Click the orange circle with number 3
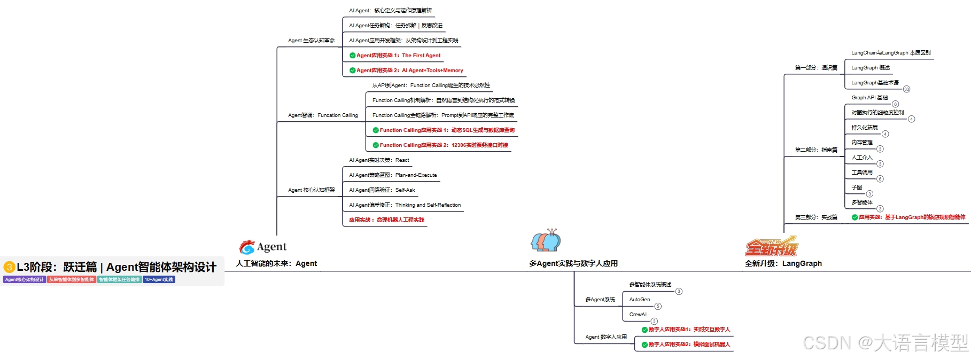(9, 267)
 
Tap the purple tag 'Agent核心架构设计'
(25, 279)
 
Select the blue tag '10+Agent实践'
(159, 279)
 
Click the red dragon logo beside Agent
(247, 247)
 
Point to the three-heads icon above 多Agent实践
(546, 241)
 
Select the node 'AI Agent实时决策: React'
(379, 160)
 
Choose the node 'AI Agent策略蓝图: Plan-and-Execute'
(393, 175)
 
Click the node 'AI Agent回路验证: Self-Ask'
(382, 190)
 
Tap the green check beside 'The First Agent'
(352, 56)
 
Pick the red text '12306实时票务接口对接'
(479, 145)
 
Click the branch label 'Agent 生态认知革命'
(311, 41)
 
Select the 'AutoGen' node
(640, 300)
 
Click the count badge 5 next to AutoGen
(658, 306)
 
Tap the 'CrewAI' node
(638, 315)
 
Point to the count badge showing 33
(906, 89)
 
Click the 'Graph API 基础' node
(869, 98)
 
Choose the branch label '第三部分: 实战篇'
(816, 217)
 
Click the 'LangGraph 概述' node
(871, 68)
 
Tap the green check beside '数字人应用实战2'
(644, 345)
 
